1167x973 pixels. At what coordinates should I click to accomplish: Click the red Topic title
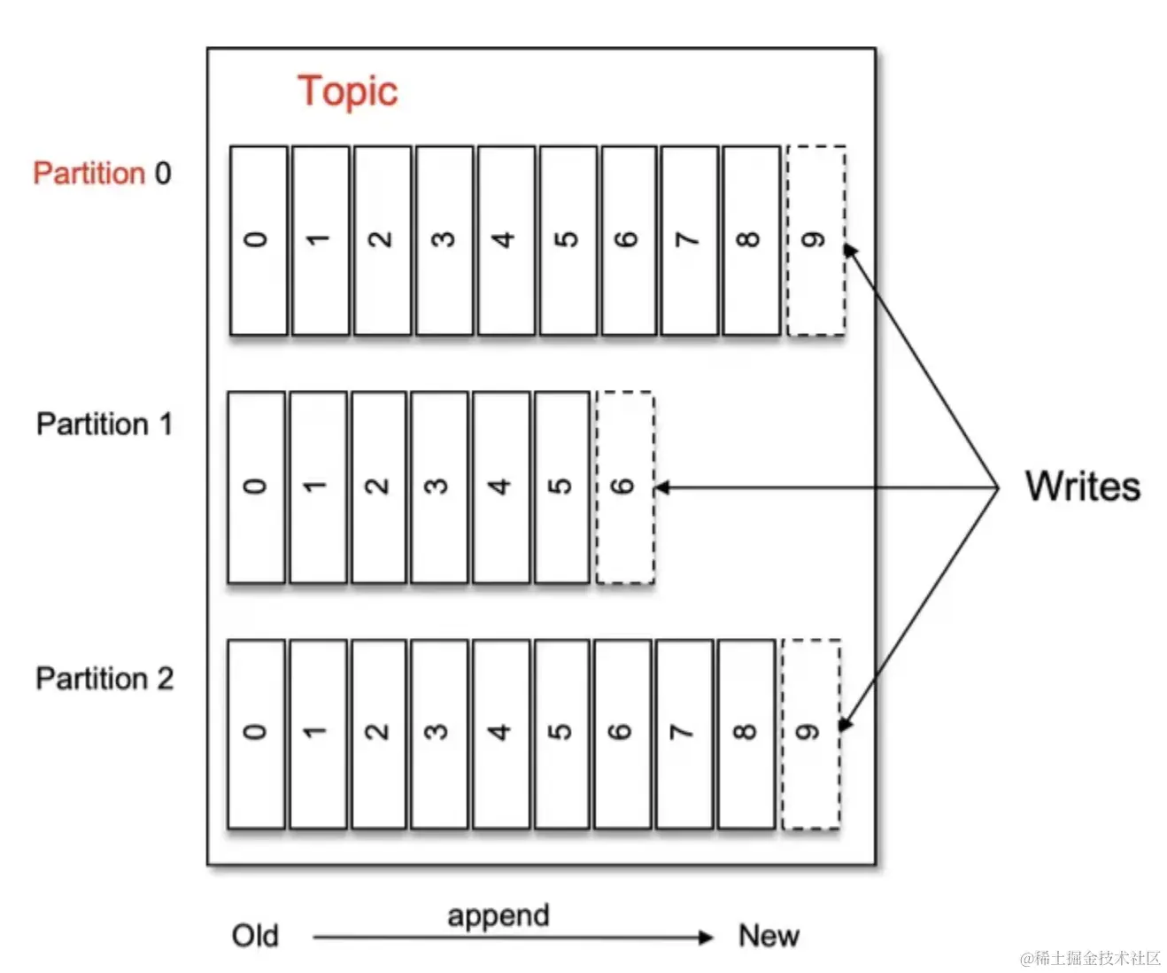[347, 92]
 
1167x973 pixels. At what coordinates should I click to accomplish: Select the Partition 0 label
[102, 173]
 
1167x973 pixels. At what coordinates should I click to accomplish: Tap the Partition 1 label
[104, 424]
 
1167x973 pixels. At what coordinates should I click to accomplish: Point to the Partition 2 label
[104, 679]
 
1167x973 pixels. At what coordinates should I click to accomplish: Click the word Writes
[1082, 486]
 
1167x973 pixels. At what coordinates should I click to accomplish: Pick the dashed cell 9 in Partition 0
[815, 241]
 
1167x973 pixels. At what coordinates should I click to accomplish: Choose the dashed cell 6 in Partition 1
[625, 487]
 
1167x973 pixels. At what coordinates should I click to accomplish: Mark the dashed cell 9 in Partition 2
[810, 734]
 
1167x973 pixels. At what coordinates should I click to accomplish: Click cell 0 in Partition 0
[259, 241]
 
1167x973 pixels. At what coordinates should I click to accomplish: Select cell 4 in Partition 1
[501, 487]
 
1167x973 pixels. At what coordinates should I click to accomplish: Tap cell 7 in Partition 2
[684, 734]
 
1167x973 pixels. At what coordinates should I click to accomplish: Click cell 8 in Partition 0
[751, 241]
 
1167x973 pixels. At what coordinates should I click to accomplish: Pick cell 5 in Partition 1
[562, 487]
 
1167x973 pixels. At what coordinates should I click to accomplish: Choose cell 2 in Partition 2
[379, 734]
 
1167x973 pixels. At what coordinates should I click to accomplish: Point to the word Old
[255, 936]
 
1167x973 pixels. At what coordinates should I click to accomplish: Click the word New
[769, 936]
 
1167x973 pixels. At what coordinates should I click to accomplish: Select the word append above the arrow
[498, 915]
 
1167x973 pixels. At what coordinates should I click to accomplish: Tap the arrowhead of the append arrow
[707, 938]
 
